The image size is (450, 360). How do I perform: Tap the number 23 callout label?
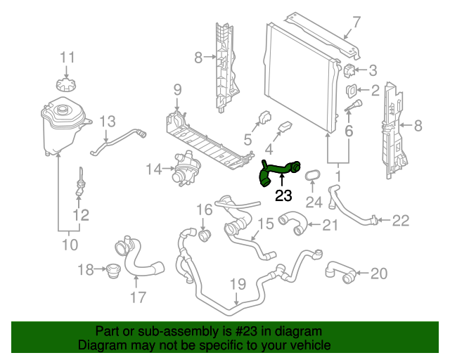[283, 198]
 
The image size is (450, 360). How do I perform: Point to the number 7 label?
[356, 22]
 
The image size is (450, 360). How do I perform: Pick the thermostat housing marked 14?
[187, 169]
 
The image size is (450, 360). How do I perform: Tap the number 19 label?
[238, 285]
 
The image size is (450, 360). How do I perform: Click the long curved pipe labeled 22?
[352, 211]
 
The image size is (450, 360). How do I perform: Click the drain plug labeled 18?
[109, 270]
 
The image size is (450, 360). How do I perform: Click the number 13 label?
[106, 122]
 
